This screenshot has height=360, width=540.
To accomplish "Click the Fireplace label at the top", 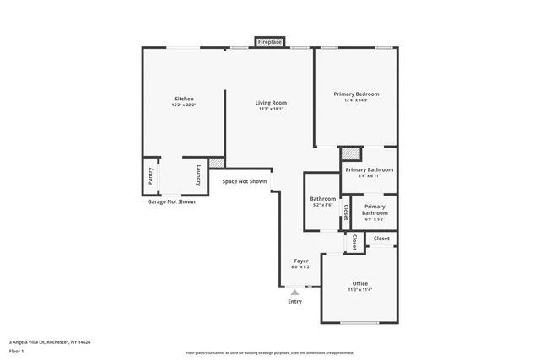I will [x=270, y=41].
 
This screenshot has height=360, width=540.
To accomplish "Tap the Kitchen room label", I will [x=184, y=99].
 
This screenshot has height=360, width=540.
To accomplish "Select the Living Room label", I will [x=271, y=103].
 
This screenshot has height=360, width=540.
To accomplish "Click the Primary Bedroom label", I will [x=356, y=94].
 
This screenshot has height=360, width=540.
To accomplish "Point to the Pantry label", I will [x=150, y=176].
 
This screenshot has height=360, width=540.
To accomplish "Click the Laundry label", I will [x=199, y=175].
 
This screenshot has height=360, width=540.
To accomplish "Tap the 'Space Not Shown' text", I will [x=245, y=181].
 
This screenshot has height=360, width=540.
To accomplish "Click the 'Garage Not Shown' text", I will [x=171, y=201].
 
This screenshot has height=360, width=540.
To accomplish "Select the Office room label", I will [x=360, y=283].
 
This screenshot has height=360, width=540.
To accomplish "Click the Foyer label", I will [x=301, y=261].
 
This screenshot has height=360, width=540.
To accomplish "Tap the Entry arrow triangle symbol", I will [x=294, y=293].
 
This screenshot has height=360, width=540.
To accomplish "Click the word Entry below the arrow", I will [x=294, y=301].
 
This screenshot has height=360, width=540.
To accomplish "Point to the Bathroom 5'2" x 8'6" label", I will [x=323, y=199].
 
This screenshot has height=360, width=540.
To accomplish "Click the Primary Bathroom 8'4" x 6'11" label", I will [x=369, y=169].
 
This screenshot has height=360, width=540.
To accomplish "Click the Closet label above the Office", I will [x=381, y=239].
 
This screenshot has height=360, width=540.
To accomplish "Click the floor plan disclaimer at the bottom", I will [x=270, y=352].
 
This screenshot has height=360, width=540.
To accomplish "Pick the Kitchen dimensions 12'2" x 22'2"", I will [x=184, y=105].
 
